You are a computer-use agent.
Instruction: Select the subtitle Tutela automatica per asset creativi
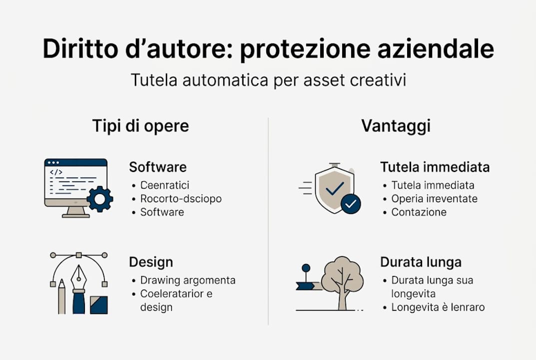pos(268,80)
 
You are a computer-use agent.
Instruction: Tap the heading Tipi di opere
pos(140,126)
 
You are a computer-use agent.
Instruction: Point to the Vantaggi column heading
pos(396,126)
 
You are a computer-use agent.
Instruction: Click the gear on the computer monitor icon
pos(100,199)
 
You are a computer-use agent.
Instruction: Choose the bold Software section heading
pos(158,166)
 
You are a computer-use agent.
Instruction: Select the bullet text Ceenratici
pos(165,185)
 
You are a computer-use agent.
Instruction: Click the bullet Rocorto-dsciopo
pos(181,198)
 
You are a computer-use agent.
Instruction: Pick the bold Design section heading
pos(151,261)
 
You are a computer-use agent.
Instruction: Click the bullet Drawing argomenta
pos(187,280)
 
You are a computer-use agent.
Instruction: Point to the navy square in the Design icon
pos(99,304)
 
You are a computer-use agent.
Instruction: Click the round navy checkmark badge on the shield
pos(351,203)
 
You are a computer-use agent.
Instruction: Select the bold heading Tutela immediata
pos(435,166)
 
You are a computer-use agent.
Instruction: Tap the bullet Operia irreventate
pos(434,198)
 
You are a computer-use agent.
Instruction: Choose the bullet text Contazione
pos(419,212)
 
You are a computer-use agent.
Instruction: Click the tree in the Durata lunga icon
pos(343,280)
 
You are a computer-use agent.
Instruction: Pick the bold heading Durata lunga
pos(421,261)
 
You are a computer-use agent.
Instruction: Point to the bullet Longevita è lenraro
pos(438,307)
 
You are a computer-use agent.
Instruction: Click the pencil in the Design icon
pos(61,297)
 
